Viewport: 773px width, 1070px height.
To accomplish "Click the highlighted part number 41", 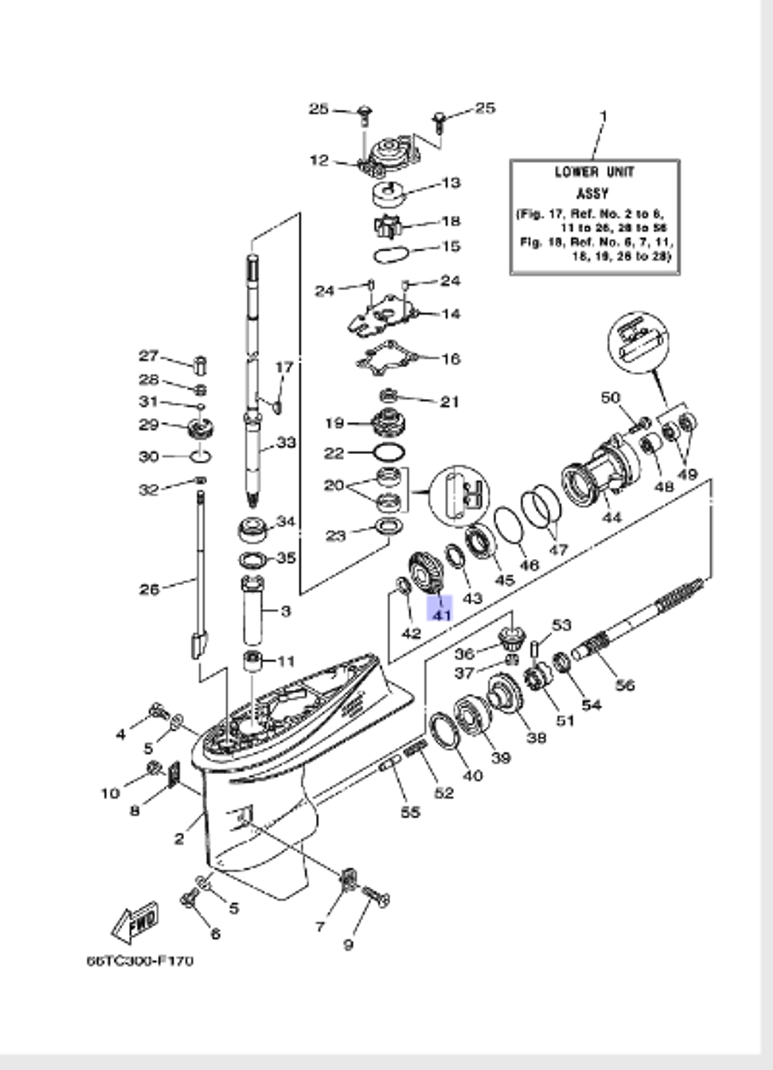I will (441, 615).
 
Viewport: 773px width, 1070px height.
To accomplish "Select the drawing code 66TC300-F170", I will (140, 961).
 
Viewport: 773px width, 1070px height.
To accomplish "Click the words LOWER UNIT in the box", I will (594, 172).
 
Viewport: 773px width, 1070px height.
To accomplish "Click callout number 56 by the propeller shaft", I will (625, 684).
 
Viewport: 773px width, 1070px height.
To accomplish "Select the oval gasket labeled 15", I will (391, 253).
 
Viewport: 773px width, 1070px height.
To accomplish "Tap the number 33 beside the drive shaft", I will (286, 443).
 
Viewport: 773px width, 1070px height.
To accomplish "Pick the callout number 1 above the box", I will (604, 116).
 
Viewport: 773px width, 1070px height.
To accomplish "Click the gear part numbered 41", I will (424, 574).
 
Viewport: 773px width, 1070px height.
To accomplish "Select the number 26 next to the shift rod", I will (149, 589).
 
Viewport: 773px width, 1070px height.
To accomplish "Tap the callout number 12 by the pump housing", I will (318, 161).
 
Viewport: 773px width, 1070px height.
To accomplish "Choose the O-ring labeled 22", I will (388, 452).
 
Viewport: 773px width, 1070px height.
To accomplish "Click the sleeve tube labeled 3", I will (253, 611).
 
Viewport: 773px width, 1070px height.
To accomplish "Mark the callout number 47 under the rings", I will (557, 550).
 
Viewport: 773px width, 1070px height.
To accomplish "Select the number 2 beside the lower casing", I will (179, 839).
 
